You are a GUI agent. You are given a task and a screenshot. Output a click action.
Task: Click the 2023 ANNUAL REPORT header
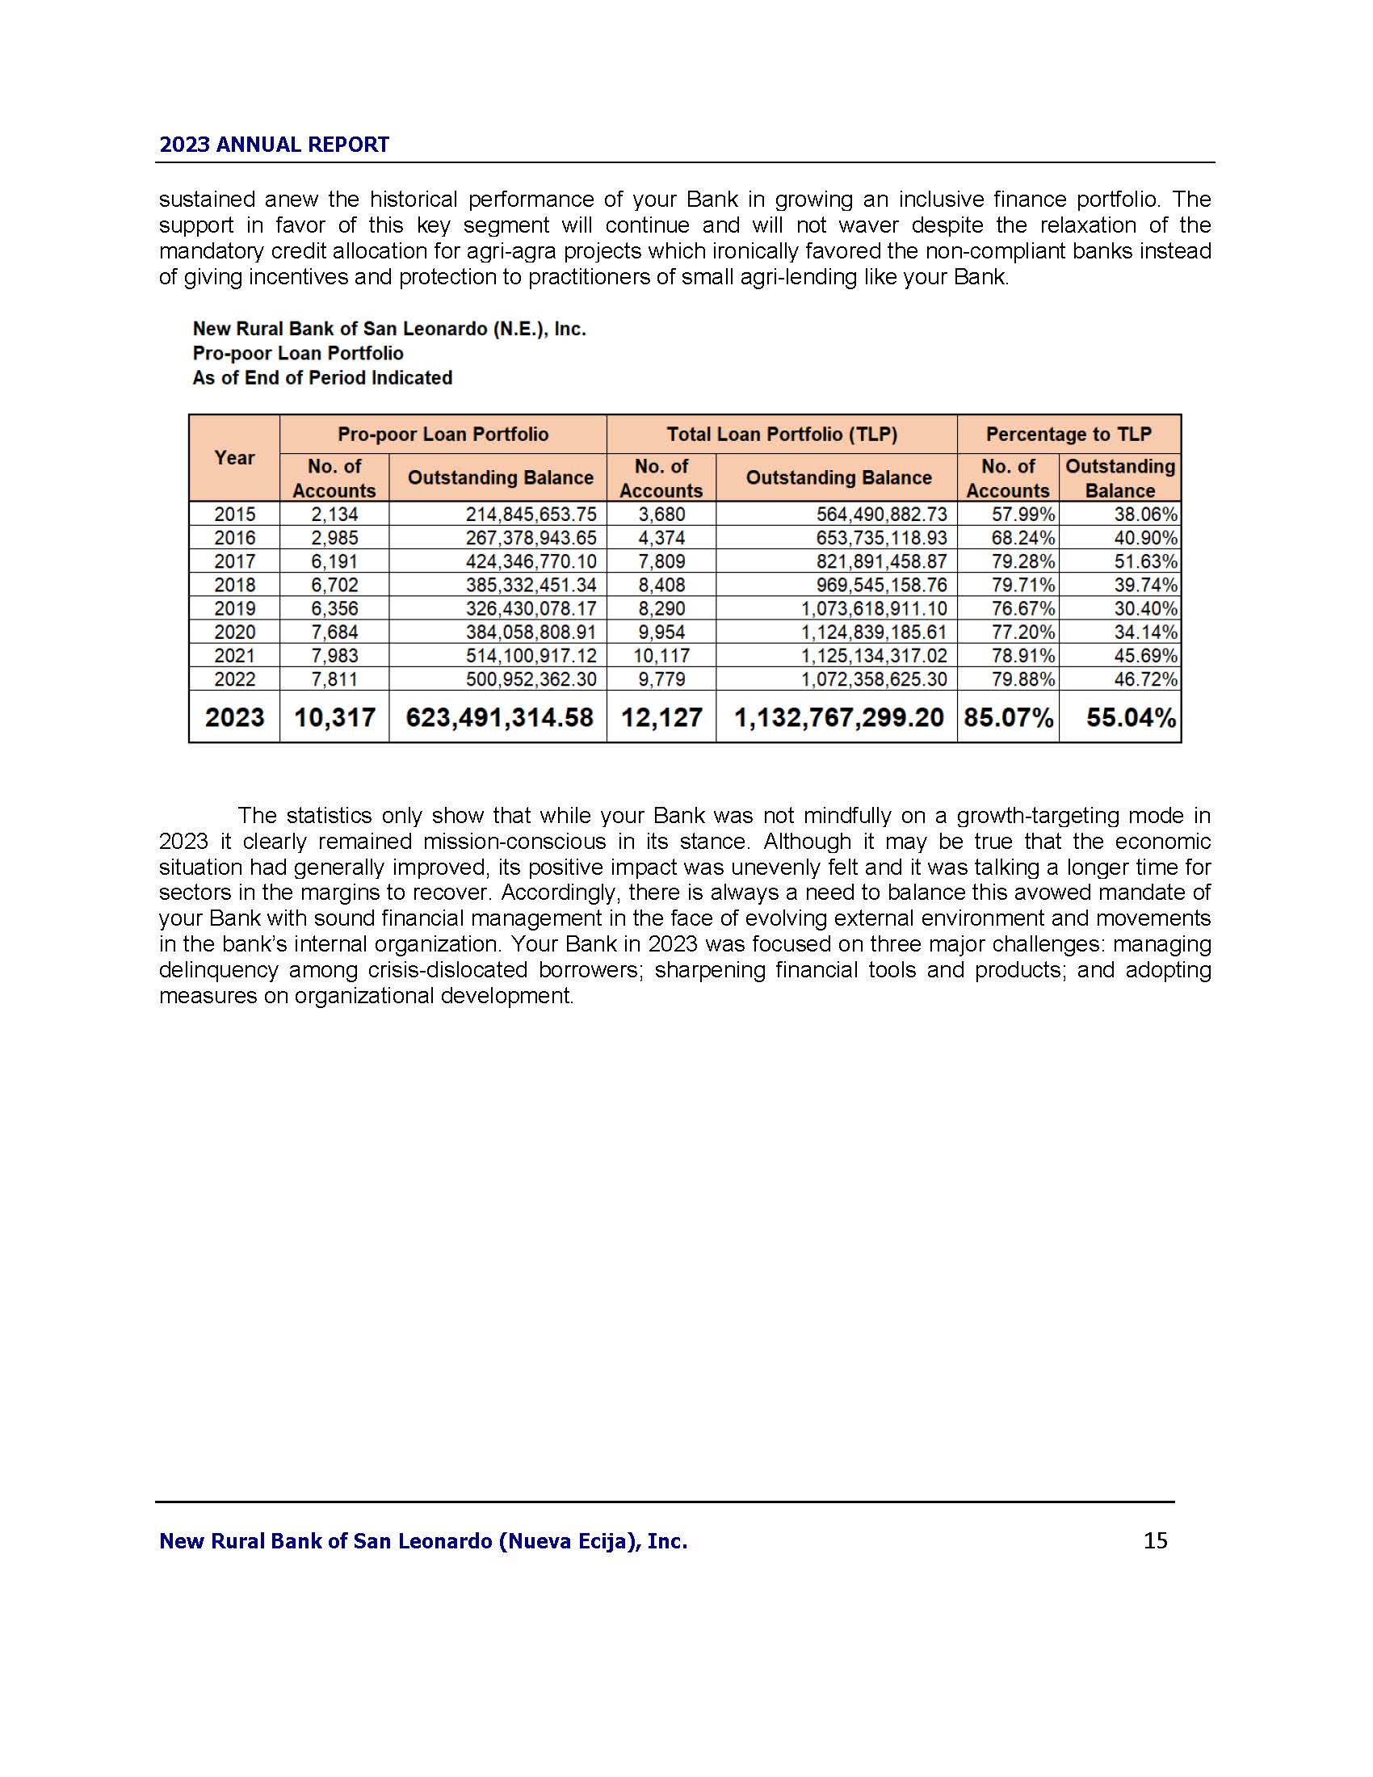pos(274,145)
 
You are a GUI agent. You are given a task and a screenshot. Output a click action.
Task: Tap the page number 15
pos(1155,1540)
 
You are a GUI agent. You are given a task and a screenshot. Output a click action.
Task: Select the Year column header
pos(234,458)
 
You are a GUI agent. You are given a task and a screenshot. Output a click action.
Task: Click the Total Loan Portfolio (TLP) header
pos(782,435)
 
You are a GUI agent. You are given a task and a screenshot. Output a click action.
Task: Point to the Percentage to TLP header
pos(1068,435)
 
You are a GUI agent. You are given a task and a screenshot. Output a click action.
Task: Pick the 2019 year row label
pos(234,608)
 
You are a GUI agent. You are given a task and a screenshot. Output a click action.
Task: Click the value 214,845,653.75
pos(531,515)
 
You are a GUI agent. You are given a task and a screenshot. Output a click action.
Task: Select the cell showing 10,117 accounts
pos(661,656)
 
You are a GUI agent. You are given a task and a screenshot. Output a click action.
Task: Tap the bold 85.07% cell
pos(1008,717)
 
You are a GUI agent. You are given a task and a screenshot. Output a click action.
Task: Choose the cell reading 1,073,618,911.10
pos(874,608)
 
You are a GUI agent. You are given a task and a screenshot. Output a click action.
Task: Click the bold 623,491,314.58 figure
pos(499,717)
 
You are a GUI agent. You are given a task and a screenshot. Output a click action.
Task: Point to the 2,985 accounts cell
pos(334,538)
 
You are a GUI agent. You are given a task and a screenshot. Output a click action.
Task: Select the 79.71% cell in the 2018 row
pos(1022,585)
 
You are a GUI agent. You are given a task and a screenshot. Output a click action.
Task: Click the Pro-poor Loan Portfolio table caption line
pos(298,353)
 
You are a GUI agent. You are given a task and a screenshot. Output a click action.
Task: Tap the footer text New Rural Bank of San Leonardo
pos(423,1541)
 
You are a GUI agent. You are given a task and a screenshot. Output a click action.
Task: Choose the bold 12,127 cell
pos(661,717)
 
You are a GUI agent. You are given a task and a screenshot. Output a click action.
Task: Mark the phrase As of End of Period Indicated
pos(322,377)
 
